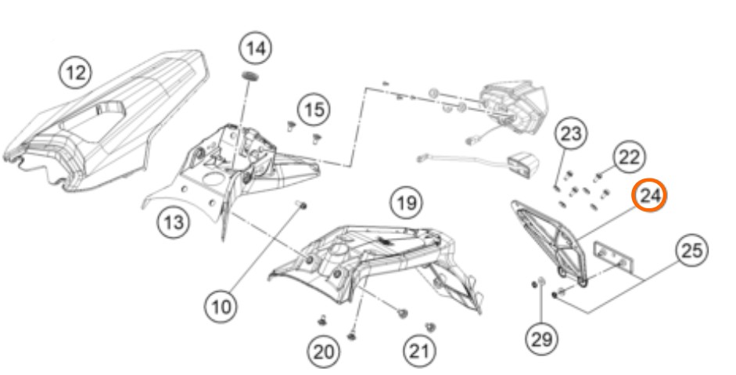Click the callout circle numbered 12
click(x=76, y=73)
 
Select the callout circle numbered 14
click(x=255, y=49)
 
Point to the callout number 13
click(x=173, y=222)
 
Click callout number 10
click(x=223, y=306)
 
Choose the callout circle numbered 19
click(x=405, y=205)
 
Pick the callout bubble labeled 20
click(x=323, y=352)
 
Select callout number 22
click(x=627, y=157)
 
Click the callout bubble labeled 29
click(x=541, y=338)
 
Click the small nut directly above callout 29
click(x=540, y=282)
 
